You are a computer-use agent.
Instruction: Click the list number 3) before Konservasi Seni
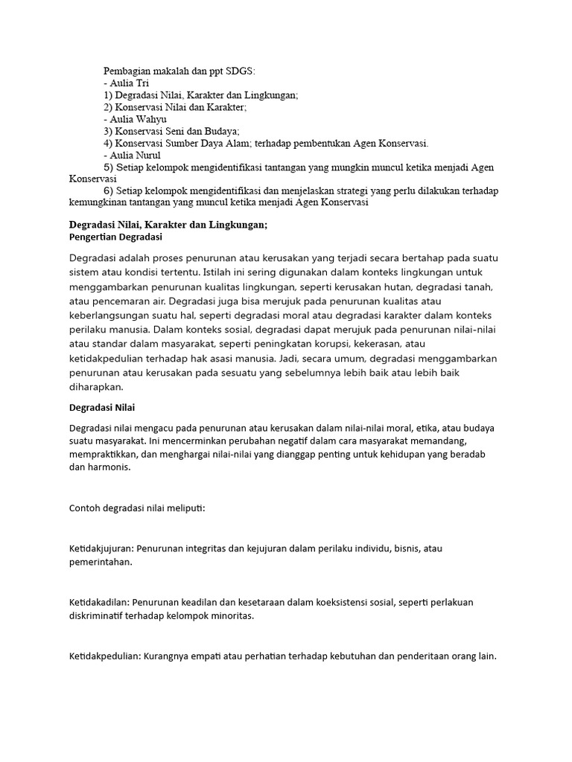click(109, 131)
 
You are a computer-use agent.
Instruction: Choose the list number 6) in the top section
click(109, 191)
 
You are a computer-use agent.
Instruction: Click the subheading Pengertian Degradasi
click(115, 237)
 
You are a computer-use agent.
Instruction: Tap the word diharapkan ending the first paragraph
click(97, 388)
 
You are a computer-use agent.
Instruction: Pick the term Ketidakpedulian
click(104, 656)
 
